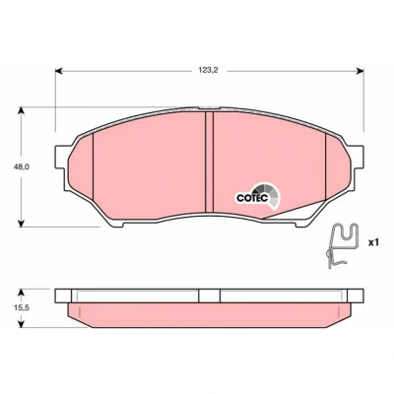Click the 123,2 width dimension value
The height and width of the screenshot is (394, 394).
pyautogui.click(x=208, y=70)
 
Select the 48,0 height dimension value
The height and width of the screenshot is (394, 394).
pyautogui.click(x=22, y=166)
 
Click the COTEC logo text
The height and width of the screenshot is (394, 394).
pyautogui.click(x=253, y=198)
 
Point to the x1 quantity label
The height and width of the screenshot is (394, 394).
pyautogui.click(x=373, y=242)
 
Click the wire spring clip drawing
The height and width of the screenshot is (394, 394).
pyautogui.click(x=342, y=244)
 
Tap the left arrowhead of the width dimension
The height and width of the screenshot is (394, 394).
pyautogui.click(x=58, y=71)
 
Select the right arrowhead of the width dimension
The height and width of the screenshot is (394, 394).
pyautogui.click(x=361, y=71)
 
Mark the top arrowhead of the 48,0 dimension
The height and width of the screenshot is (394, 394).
pyautogui.click(x=22, y=110)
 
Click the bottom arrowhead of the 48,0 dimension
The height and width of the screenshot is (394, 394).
pyautogui.click(x=22, y=223)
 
